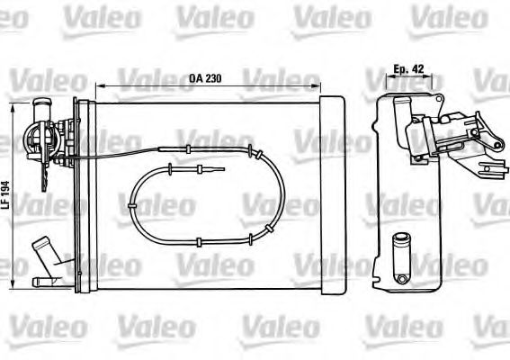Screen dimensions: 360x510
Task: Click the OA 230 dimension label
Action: click(x=206, y=78)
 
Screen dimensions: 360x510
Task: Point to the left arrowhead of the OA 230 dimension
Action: click(x=97, y=87)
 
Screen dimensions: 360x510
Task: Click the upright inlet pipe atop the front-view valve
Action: click(x=41, y=112)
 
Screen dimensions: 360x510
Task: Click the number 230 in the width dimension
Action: click(x=213, y=78)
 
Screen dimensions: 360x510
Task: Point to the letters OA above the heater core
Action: click(x=194, y=78)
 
